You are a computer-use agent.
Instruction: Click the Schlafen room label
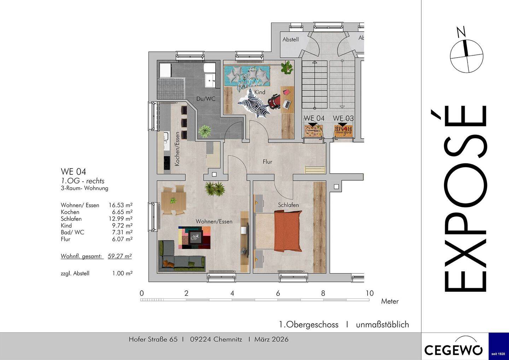[x=288, y=205]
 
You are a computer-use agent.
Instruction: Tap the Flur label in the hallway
[x=268, y=162]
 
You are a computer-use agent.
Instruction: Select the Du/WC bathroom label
[x=206, y=99]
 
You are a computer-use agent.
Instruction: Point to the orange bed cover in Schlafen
[x=288, y=231]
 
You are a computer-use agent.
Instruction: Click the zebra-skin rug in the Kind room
[x=255, y=103]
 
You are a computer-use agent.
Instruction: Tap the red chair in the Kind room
[x=274, y=101]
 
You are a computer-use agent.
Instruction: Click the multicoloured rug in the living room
[x=194, y=238]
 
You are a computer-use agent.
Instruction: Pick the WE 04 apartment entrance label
[x=314, y=118]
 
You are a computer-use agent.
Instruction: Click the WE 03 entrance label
[x=343, y=118]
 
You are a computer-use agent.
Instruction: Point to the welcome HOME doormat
[x=343, y=131]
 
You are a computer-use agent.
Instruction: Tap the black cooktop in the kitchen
[x=166, y=163]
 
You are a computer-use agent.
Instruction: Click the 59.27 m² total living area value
[x=120, y=256]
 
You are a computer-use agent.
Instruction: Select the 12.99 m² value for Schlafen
[x=121, y=219]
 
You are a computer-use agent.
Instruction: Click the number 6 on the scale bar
[x=278, y=294]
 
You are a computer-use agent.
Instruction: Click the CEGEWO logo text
[x=453, y=349]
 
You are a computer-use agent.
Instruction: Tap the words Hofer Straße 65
[x=153, y=339]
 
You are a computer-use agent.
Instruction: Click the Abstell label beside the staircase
[x=291, y=39]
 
